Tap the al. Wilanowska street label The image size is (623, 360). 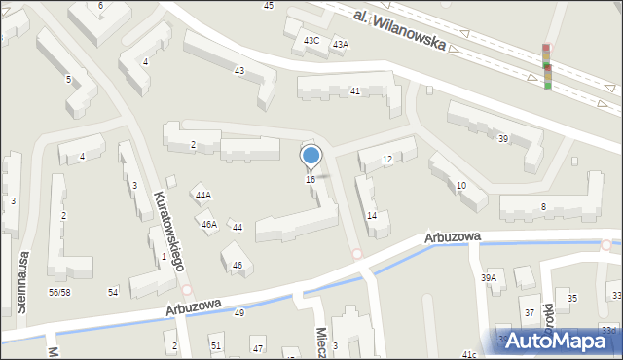(400, 29)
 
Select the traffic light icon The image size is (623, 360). (546, 66)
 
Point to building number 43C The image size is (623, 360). (311, 41)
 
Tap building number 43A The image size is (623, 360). (340, 45)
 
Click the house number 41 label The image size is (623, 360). (355, 90)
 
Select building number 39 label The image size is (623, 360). (503, 139)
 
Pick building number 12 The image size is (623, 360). (387, 160)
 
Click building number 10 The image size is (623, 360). (460, 185)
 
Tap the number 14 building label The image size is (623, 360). (371, 216)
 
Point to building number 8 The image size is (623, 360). (543, 206)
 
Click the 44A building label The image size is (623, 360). (202, 196)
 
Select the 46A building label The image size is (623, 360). (208, 225)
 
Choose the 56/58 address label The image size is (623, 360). (59, 292)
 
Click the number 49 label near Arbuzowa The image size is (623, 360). (239, 313)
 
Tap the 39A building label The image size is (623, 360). (488, 277)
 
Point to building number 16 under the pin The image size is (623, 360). (310, 179)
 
